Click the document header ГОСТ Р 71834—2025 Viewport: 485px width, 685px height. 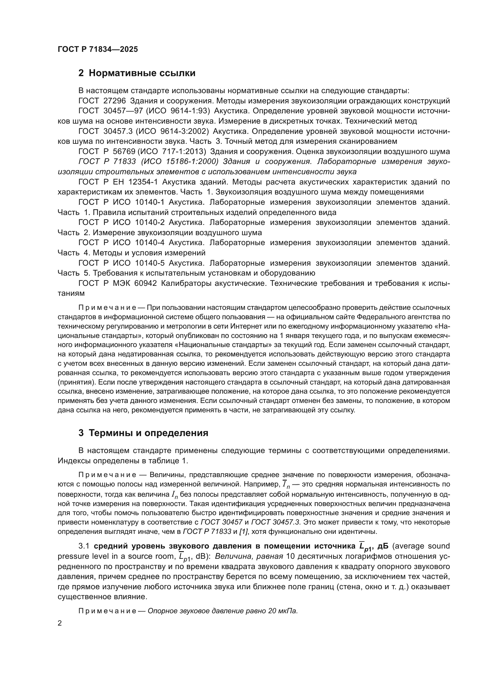click(x=98, y=49)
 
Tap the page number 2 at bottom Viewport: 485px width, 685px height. click(x=60, y=623)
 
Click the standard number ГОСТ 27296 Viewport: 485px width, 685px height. click(x=102, y=101)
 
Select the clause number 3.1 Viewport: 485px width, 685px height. click(x=84, y=546)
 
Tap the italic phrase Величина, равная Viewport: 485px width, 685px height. click(x=249, y=557)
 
